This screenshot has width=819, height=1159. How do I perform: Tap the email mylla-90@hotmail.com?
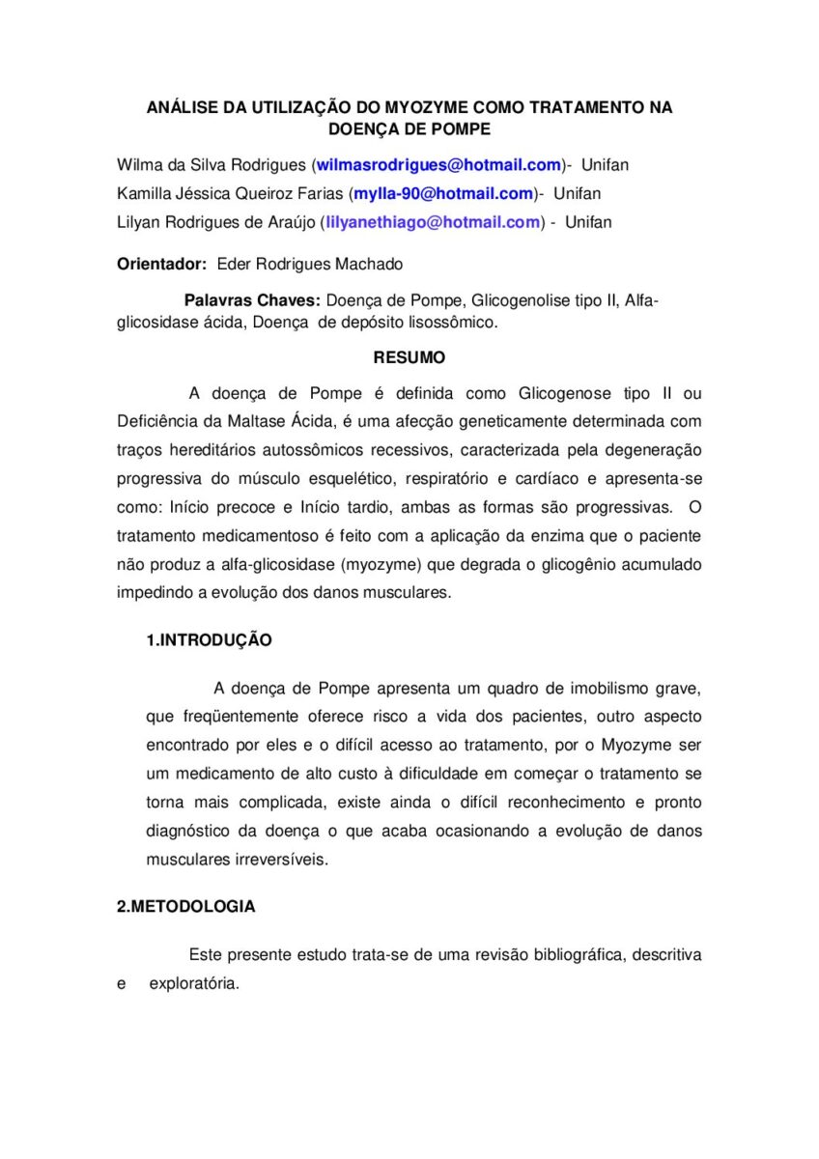click(x=443, y=193)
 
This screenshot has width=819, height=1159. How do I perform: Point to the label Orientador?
click(x=161, y=264)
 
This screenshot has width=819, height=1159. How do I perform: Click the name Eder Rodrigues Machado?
click(x=310, y=264)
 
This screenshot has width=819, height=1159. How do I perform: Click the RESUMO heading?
click(x=409, y=357)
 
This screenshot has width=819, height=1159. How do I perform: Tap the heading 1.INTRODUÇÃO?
click(x=209, y=639)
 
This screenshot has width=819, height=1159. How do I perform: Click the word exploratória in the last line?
click(x=193, y=983)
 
